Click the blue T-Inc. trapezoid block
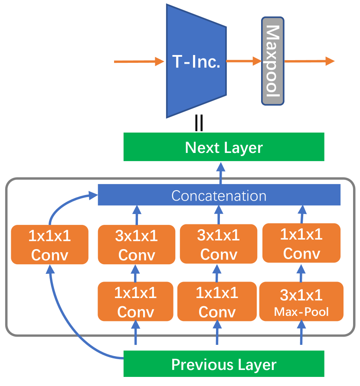(x=196, y=61)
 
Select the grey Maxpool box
(x=272, y=61)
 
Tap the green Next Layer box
(x=224, y=147)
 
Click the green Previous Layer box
(x=224, y=363)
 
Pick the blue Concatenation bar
(x=219, y=195)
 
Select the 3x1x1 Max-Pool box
(x=301, y=302)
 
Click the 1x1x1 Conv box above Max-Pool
(x=301, y=243)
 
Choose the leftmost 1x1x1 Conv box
(x=49, y=244)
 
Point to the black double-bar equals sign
(x=199, y=123)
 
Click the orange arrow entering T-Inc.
(x=139, y=62)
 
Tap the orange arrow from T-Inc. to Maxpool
(x=244, y=61)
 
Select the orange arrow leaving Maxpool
(x=310, y=61)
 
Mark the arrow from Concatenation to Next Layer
(x=220, y=173)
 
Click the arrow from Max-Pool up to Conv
(x=301, y=273)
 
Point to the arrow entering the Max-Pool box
(x=301, y=332)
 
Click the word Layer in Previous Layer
(x=257, y=365)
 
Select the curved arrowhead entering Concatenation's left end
(x=93, y=195)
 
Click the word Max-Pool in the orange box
(x=301, y=311)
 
